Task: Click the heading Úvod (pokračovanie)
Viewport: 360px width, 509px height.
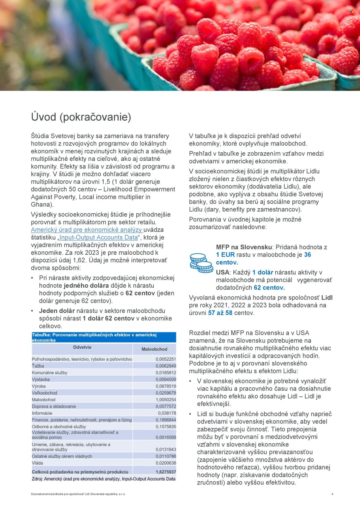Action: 81,117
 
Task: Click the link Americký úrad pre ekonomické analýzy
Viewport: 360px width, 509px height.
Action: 86,230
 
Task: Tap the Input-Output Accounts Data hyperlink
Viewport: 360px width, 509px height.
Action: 98,238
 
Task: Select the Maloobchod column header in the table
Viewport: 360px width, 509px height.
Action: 154,349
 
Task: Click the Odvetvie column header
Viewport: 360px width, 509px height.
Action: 82,347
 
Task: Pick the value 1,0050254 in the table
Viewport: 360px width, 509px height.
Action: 166,400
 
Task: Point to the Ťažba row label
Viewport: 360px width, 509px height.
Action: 38,366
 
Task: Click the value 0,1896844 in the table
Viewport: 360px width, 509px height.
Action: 166,420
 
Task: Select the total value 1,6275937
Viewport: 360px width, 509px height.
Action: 166,472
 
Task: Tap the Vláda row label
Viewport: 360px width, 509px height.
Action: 37,463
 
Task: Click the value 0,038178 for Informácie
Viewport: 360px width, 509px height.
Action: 167,413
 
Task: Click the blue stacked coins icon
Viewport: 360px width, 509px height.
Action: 201,263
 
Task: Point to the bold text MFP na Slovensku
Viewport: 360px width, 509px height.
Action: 244,247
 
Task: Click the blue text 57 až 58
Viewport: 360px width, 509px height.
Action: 220,313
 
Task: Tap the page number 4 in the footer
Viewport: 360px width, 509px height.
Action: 332,494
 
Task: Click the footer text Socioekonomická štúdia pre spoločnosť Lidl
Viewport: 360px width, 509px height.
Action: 78,494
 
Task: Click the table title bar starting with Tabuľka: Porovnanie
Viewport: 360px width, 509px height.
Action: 104,337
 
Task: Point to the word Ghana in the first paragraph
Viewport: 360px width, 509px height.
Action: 41,205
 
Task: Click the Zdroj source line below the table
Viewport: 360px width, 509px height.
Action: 103,479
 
